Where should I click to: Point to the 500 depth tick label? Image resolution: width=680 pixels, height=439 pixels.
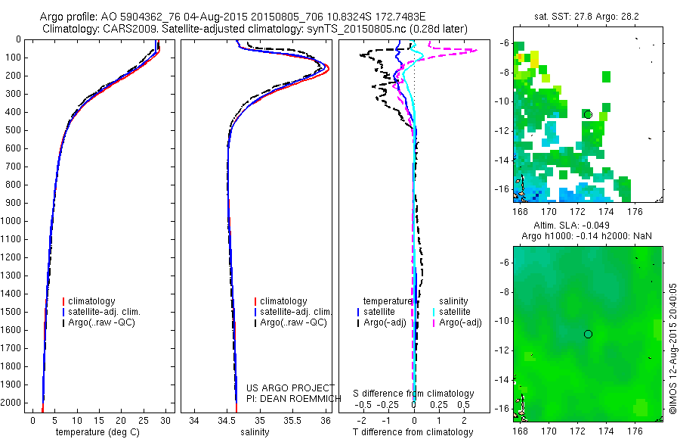click(14, 130)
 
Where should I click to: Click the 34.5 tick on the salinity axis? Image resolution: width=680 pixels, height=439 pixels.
click(227, 419)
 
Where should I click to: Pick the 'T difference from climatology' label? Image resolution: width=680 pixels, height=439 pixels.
click(413, 432)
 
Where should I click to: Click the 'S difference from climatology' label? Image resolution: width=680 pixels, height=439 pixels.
click(414, 394)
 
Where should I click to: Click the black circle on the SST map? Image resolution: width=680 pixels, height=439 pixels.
click(587, 114)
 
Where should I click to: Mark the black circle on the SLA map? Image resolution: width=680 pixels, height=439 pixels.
click(588, 334)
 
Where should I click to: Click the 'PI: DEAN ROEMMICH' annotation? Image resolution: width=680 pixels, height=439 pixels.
click(290, 398)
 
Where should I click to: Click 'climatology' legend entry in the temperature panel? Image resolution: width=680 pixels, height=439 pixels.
click(92, 301)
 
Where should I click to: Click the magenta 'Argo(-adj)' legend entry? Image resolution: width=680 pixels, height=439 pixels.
click(460, 322)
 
